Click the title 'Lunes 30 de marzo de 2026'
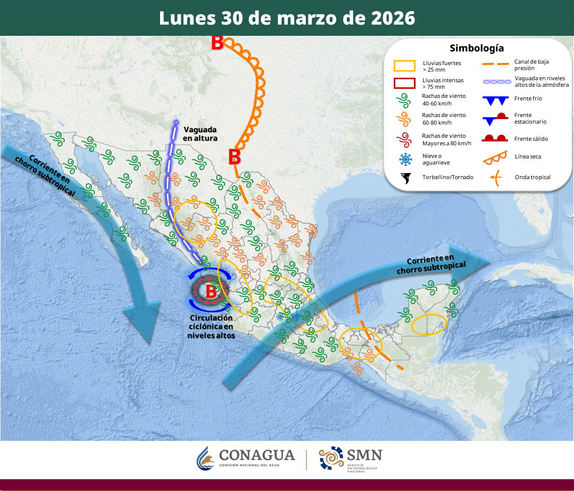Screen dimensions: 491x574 [x=287, y=18]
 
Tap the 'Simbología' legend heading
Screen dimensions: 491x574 [x=477, y=48]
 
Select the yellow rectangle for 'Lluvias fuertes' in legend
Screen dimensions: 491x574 [x=404, y=66]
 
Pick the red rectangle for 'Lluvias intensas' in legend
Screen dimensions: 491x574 [x=404, y=83]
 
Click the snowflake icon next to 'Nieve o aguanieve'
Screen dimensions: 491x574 [x=405, y=159]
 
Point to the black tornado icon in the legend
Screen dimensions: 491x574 [x=405, y=177]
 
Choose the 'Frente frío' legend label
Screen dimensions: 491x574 [x=528, y=98]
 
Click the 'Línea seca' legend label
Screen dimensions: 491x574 [x=528, y=156]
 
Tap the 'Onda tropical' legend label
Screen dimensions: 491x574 [x=532, y=177]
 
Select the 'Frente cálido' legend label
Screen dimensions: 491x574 [x=531, y=139]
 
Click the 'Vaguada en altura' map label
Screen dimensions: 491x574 [x=200, y=133]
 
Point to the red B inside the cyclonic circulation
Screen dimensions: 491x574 [x=211, y=292]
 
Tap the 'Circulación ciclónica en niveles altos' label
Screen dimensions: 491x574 [x=212, y=326]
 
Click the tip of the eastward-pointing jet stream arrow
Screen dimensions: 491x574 [x=489, y=260]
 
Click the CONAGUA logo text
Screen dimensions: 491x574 [x=256, y=455]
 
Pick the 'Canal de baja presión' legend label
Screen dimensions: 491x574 [x=531, y=65]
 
